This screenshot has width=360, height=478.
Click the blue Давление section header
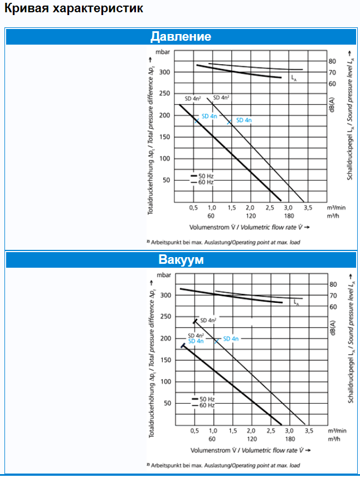click(x=181, y=37)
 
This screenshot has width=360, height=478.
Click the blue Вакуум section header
click(x=181, y=260)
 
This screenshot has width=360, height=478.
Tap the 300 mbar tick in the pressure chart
click(x=164, y=73)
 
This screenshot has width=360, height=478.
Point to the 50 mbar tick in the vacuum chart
click(x=166, y=403)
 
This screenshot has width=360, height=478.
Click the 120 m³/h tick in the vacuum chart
click(x=251, y=438)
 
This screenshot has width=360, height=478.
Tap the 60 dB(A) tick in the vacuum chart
click(x=333, y=307)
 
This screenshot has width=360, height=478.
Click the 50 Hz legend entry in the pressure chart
click(x=203, y=176)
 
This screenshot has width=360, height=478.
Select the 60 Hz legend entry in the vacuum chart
click(x=203, y=405)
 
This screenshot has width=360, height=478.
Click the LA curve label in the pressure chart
click(x=294, y=80)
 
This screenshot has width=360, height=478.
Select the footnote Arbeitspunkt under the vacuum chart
click(x=223, y=465)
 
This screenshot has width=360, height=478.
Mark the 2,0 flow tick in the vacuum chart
click(x=251, y=431)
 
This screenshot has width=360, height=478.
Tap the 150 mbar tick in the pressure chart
click(x=164, y=137)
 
